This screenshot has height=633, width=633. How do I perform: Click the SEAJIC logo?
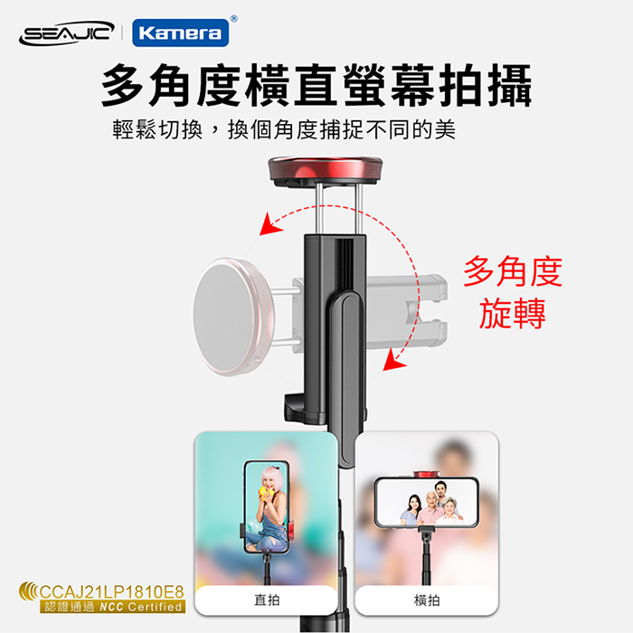67,33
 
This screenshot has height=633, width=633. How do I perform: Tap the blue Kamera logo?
181,33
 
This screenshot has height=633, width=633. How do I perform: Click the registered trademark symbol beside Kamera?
233,19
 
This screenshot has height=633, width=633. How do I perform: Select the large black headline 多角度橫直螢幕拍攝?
316,85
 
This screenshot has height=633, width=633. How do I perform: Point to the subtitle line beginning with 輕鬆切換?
284,129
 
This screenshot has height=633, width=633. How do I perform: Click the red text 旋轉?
513,313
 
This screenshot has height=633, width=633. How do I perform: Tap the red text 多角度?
513,271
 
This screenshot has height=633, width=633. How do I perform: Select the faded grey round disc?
233,316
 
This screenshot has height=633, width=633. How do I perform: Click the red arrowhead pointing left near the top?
269,224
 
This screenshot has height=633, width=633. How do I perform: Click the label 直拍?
267,600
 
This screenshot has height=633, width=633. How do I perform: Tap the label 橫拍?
427,600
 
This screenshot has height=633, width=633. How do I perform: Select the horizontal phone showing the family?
426,502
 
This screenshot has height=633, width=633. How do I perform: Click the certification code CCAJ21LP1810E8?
112,592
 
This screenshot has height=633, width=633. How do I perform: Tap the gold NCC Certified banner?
113,607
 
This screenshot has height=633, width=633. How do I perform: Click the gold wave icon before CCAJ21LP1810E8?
28,591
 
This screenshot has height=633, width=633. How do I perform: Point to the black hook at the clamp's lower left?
294,408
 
